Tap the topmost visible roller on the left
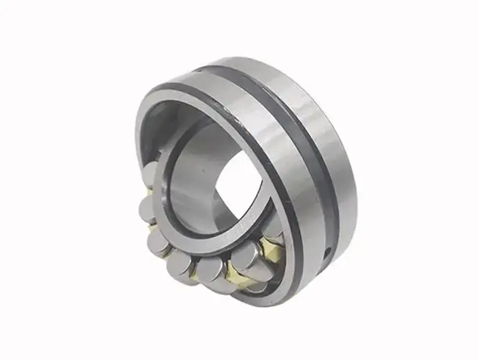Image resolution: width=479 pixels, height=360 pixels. coord(149,173)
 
